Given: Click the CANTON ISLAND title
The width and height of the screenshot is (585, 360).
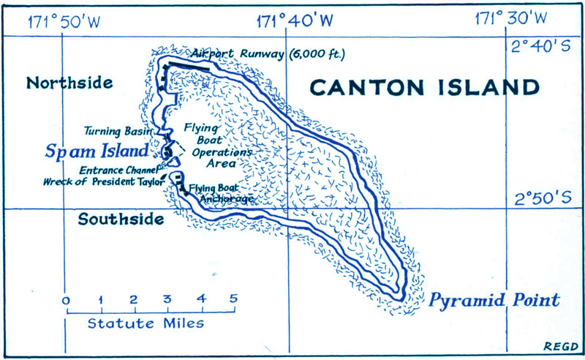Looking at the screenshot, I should [424, 88].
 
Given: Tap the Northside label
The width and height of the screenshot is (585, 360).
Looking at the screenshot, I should [69, 83].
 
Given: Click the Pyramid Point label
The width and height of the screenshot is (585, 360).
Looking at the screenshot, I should [494, 300].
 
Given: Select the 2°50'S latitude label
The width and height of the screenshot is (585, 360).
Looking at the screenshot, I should [540, 198].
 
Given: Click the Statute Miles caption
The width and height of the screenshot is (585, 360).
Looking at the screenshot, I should [146, 323].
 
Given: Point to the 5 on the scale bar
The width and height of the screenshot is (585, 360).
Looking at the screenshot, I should [233, 299].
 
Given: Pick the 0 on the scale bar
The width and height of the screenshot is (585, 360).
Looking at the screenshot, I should [67, 299].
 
